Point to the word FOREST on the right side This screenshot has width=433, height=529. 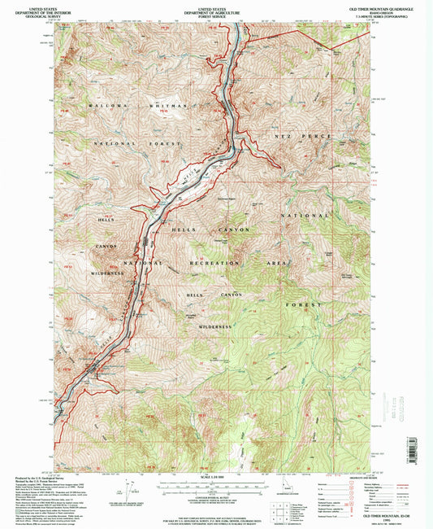point(297,304)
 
